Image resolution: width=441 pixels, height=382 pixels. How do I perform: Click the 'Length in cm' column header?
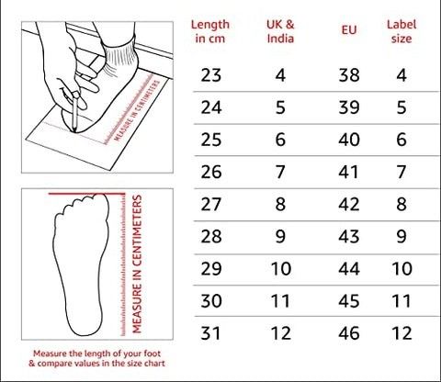click(211, 31)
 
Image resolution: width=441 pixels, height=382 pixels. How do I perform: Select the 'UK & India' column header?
click(280, 31)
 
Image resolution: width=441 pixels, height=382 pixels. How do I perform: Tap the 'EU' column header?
click(348, 31)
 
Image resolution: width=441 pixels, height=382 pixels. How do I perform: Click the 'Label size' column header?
click(401, 31)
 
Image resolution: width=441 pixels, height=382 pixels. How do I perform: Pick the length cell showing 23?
click(211, 75)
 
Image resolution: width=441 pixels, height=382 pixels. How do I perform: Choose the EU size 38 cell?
click(348, 75)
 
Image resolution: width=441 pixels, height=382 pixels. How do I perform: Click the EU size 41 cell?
click(348, 172)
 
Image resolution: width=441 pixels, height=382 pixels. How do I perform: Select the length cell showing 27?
click(211, 204)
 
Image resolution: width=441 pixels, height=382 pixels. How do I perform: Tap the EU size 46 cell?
click(348, 332)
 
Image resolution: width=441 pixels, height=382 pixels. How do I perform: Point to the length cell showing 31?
click(211, 332)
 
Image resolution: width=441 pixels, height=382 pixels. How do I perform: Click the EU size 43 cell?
click(348, 236)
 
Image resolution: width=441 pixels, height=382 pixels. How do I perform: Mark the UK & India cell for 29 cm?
click(280, 268)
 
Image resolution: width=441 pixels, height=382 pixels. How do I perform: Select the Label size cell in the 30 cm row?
click(401, 300)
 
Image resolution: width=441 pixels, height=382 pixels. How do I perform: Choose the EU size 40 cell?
click(348, 140)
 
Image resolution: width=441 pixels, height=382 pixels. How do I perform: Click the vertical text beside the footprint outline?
click(136, 266)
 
